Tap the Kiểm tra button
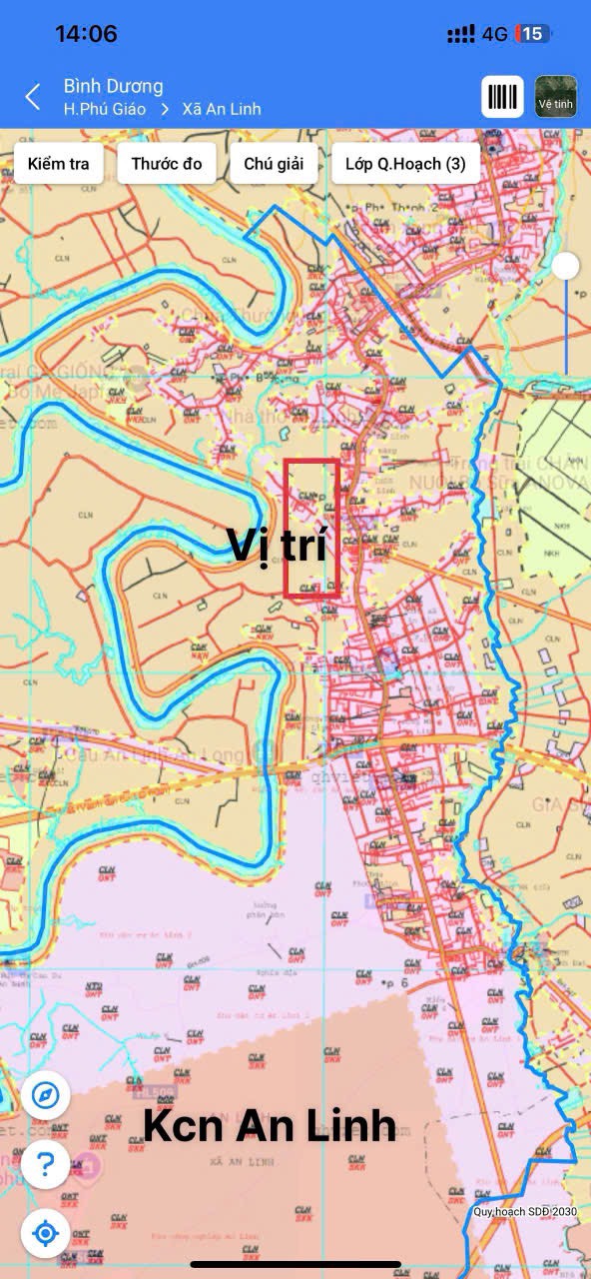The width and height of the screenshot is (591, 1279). [58, 164]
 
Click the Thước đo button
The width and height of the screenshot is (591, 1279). [167, 164]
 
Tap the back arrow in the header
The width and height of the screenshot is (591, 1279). [33, 97]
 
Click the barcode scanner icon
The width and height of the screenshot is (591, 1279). [503, 97]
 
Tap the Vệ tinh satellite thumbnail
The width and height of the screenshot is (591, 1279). [556, 97]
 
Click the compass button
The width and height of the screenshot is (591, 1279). [45, 1096]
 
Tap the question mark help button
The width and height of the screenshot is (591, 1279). [45, 1164]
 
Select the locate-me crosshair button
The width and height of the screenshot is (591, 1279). [45, 1233]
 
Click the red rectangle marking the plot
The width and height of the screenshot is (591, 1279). [312, 529]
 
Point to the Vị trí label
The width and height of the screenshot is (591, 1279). [277, 545]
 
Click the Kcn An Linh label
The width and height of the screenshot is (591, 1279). [270, 1126]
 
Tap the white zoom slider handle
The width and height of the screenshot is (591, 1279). [566, 266]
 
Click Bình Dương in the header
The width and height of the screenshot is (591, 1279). [113, 86]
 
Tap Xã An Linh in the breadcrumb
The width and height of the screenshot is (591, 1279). [221, 109]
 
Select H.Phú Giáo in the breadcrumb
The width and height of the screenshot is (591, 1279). [104, 109]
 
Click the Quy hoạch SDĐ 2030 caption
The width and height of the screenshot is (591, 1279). [525, 1212]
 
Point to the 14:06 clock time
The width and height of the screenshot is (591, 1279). [86, 34]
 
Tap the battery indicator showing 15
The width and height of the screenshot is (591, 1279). [532, 34]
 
